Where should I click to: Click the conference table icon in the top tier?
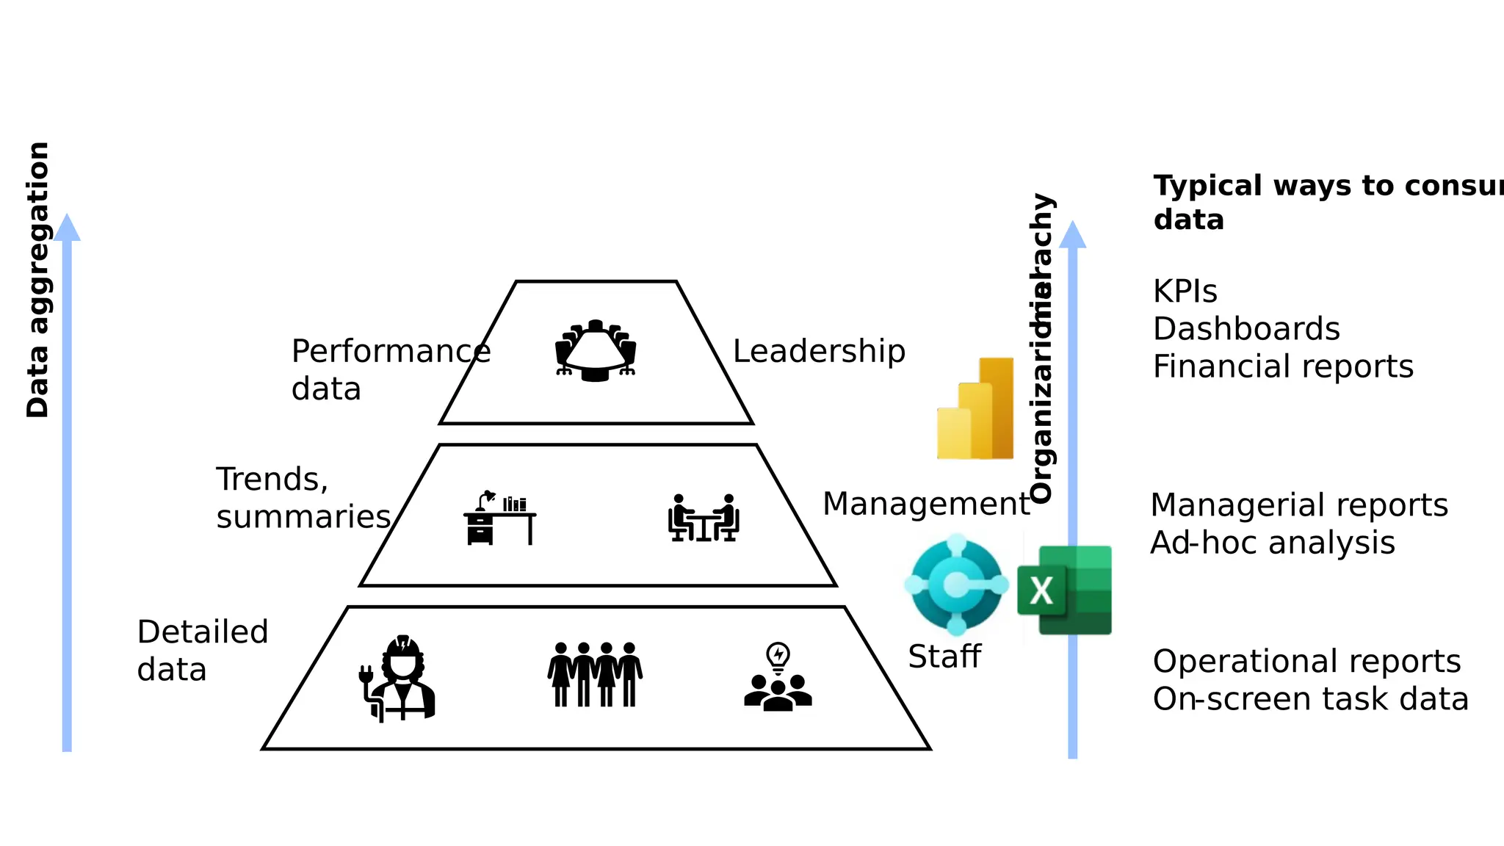tap(596, 351)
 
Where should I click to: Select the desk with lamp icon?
tap(499, 518)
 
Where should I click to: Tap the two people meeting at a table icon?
tap(704, 518)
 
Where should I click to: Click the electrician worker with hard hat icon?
tap(399, 679)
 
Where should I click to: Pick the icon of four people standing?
tap(595, 674)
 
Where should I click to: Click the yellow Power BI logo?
tap(975, 409)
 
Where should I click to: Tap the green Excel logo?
tap(1065, 590)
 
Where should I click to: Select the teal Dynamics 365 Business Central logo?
tap(956, 585)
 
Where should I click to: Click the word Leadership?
tap(819, 352)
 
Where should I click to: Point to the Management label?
tap(926, 505)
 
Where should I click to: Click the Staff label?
tap(944, 657)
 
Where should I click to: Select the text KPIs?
tap(1185, 292)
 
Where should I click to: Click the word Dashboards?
tap(1246, 329)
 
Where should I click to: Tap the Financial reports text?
tap(1283, 366)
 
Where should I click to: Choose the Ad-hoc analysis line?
tap(1272, 543)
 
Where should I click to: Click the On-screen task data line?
tap(1310, 699)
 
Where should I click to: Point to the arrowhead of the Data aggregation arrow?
tap(67, 228)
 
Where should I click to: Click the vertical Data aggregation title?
tap(37, 280)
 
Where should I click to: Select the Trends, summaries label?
tap(303, 498)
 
